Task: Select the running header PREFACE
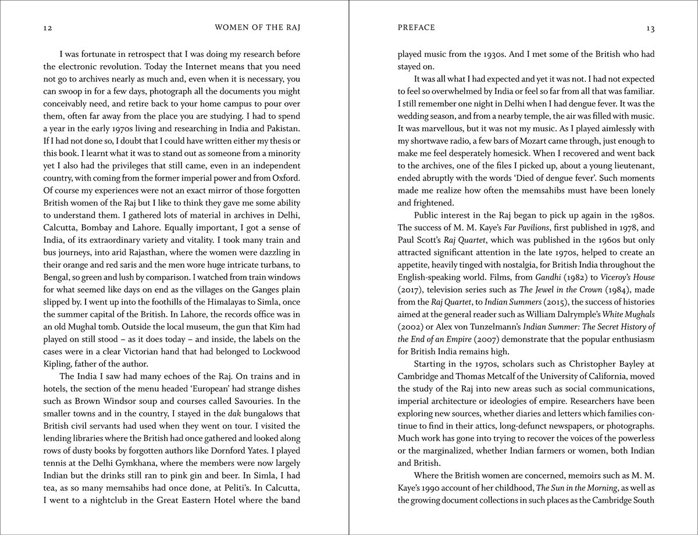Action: pos(416,27)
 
